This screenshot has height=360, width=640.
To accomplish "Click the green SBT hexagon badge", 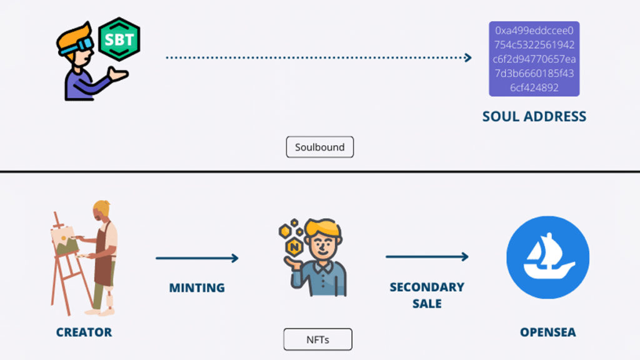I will (119, 39).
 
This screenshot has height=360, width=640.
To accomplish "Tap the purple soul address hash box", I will (534, 59).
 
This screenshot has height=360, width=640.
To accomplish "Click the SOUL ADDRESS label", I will (534, 116).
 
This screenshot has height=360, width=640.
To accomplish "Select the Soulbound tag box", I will (319, 147).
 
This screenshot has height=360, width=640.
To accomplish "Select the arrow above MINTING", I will (197, 257).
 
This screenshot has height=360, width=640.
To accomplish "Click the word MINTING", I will (197, 288).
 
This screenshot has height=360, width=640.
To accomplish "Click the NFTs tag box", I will (317, 340).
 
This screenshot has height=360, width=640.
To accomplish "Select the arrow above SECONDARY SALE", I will (427, 256).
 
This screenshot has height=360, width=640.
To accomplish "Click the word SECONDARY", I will (427, 287).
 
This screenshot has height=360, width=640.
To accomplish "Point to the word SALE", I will (427, 304).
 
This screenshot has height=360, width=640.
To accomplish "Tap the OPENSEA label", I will (548, 332).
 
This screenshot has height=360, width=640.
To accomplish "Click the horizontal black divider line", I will (320, 171).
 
